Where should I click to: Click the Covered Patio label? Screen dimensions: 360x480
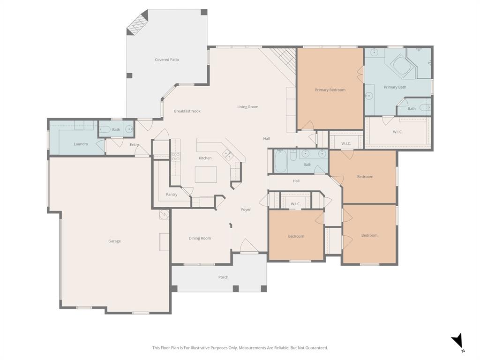coord(167,60)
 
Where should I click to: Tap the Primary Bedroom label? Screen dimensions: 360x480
coord(330,90)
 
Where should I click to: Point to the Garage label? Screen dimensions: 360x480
coord(114,241)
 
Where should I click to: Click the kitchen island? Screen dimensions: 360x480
coord(206,174)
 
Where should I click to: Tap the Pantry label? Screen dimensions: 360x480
coord(172,195)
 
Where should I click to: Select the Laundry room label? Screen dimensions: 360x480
coord(81,144)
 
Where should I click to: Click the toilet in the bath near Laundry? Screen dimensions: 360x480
coord(105,129)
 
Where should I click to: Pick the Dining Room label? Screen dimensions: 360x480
coord(200,238)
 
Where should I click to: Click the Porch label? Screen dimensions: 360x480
coord(223,277)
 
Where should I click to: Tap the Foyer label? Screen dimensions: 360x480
coord(246,210)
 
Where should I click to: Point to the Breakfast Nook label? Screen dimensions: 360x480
coord(187,111)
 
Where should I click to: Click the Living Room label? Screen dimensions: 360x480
coord(247,107)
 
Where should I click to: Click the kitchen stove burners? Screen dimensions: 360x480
coord(176,156)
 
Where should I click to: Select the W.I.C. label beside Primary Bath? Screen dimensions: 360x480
coord(397,132)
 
